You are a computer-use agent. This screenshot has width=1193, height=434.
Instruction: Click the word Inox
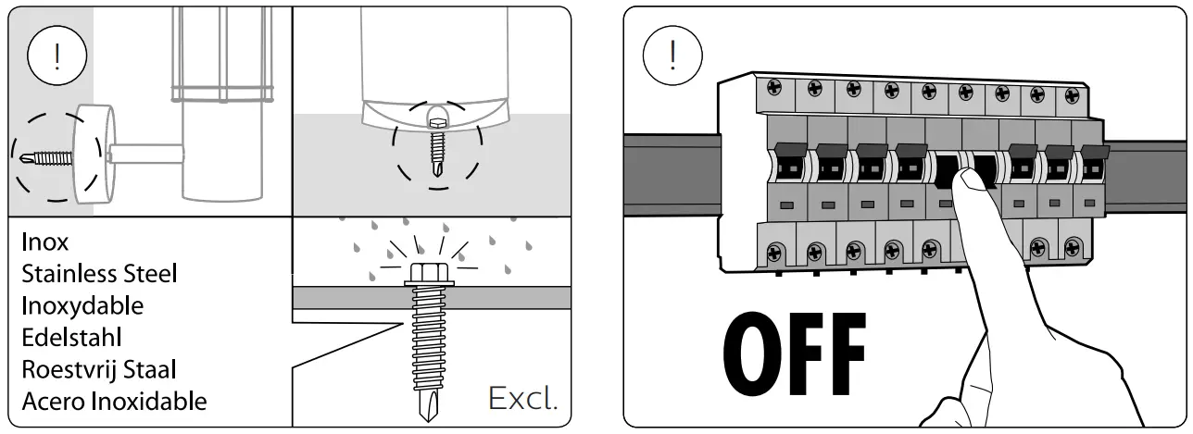(x=45, y=242)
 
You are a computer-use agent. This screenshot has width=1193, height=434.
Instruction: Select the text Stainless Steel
(x=99, y=274)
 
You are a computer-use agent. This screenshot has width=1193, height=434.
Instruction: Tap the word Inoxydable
(x=82, y=305)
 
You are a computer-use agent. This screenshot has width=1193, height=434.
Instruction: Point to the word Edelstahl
(x=71, y=337)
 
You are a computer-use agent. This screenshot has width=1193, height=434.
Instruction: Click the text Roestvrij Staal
(x=98, y=369)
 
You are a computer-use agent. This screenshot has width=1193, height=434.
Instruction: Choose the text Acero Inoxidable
(x=114, y=401)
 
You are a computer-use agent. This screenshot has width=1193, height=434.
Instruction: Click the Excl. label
(x=523, y=399)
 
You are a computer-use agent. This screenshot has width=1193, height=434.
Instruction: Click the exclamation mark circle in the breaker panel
(x=673, y=56)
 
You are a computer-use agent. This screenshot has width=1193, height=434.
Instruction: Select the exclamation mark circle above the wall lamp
(x=57, y=56)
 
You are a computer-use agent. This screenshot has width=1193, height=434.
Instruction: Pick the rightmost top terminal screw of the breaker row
(x=1072, y=95)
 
